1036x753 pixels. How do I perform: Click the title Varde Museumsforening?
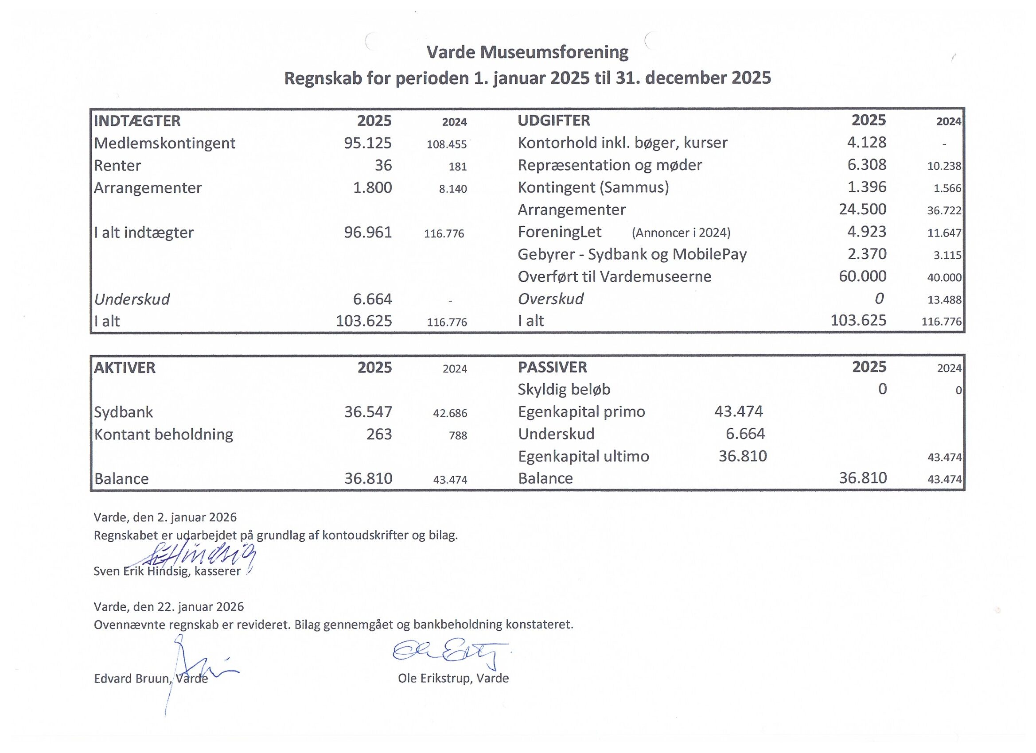[527, 53]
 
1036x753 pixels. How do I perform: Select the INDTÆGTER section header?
[137, 121]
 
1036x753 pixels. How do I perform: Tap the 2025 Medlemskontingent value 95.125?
[368, 143]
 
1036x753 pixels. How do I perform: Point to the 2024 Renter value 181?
[457, 167]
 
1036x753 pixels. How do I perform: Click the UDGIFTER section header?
[553, 120]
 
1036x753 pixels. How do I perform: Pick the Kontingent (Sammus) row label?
[593, 187]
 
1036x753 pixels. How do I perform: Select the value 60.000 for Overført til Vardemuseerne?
[862, 276]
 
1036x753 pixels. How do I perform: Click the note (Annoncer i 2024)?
[681, 233]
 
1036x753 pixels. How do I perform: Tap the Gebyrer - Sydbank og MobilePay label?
[632, 254]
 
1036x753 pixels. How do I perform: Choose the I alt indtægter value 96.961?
[368, 233]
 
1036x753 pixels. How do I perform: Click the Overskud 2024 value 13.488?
[944, 300]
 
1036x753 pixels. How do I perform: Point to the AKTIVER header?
[125, 368]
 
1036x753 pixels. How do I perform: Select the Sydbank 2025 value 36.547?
[368, 412]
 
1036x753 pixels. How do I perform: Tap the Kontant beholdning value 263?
[379, 434]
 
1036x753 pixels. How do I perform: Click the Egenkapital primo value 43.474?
[738, 411]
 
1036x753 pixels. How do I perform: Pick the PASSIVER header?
[552, 367]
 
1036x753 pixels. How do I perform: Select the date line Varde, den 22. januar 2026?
[168, 606]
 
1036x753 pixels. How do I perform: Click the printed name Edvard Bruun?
[132, 679]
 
